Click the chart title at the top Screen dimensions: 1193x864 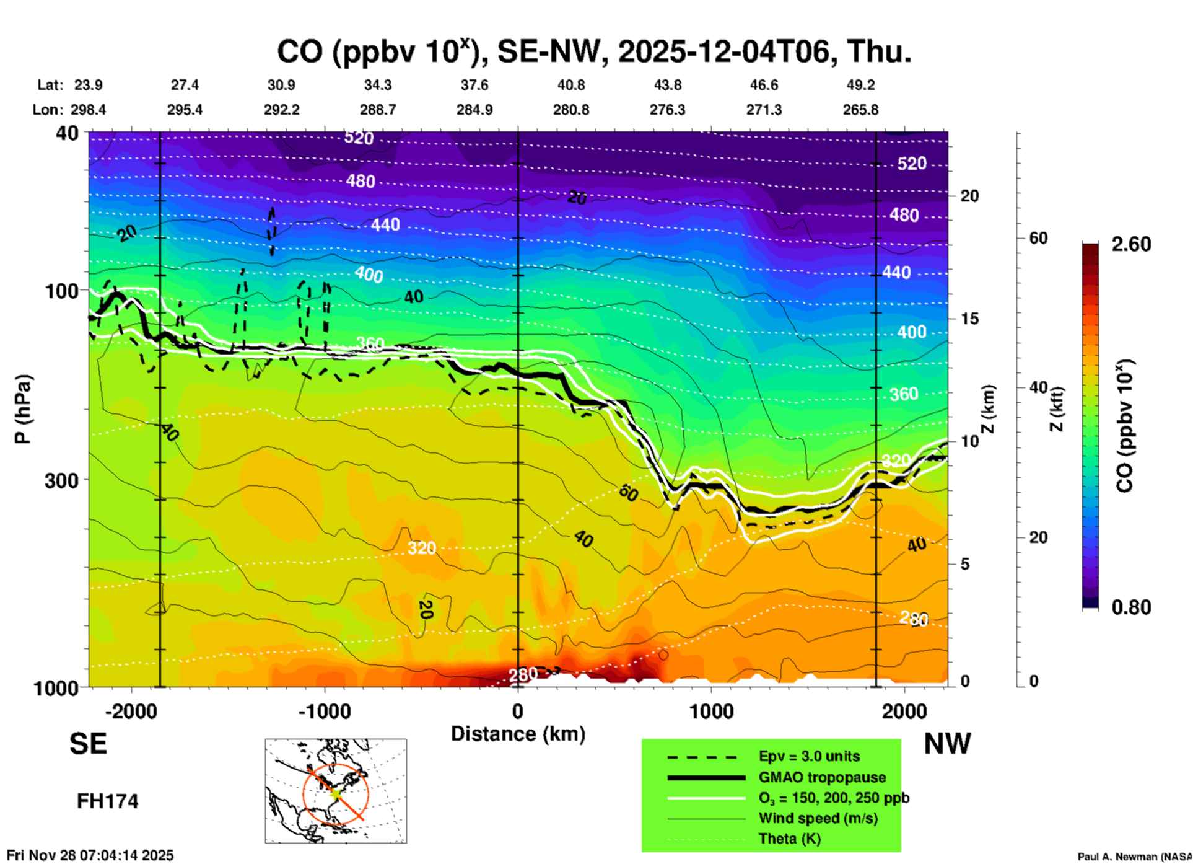click(594, 52)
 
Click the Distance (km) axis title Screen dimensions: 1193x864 click(518, 734)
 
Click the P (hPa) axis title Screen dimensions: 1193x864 click(23, 409)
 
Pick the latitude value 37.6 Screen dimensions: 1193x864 click(474, 85)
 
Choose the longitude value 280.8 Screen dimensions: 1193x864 click(570, 110)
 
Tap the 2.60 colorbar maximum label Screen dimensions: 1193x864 click(1131, 244)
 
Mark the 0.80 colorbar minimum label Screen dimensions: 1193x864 click(1131, 607)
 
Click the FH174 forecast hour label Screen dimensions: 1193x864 click(108, 801)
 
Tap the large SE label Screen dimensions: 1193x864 click(88, 744)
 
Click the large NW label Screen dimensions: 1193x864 click(947, 744)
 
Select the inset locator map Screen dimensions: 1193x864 click(336, 791)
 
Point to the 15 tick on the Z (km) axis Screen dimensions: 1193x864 click(969, 319)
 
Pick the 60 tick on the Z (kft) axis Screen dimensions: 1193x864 click(1038, 238)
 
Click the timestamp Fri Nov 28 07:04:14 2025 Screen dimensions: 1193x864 click(90, 855)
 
